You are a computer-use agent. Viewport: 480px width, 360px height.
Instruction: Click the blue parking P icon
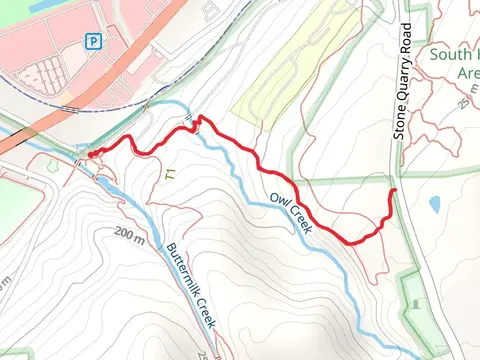coord(93,41)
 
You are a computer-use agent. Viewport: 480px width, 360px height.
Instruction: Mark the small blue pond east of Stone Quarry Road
coord(434,204)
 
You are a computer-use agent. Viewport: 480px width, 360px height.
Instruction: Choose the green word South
coord(452,55)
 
